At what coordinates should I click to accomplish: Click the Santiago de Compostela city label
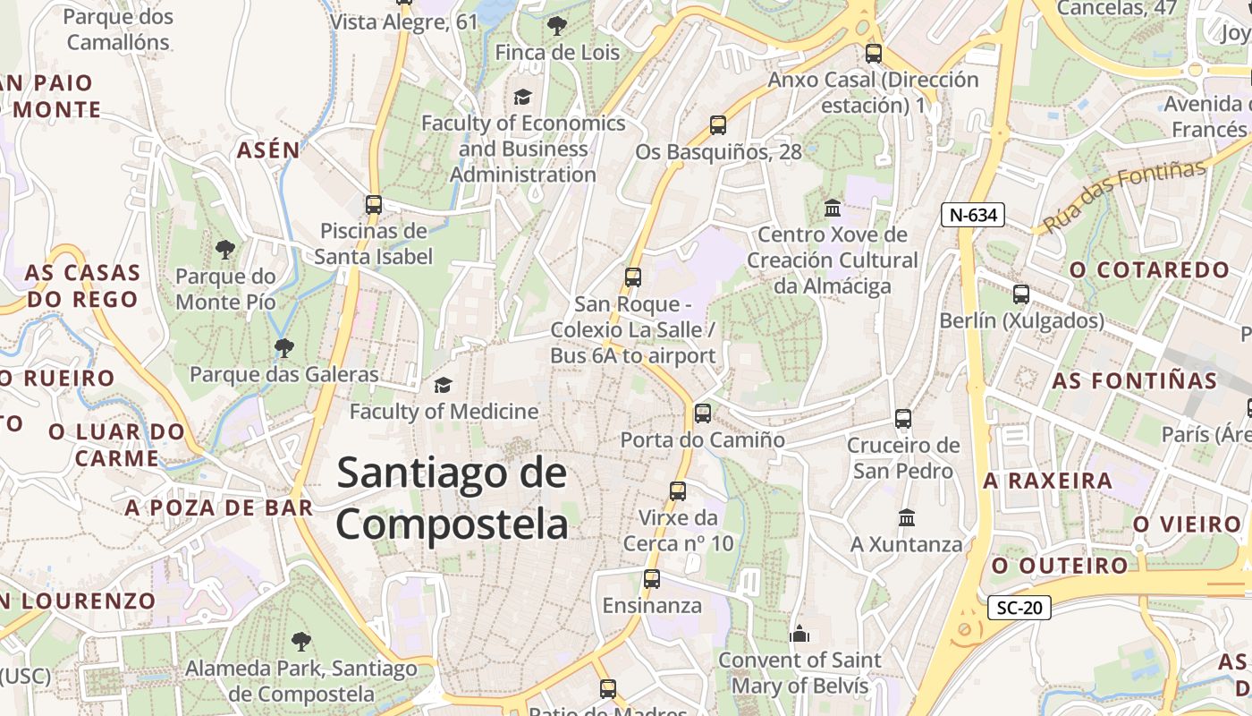point(452,498)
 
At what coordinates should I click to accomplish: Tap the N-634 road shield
point(973,215)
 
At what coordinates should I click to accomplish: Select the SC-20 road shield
point(1019,609)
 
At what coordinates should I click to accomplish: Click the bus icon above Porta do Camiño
point(703,413)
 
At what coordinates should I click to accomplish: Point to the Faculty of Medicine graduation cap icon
point(443,386)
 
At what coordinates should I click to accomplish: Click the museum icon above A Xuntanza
point(907,517)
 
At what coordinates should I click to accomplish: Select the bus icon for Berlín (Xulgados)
point(1020,294)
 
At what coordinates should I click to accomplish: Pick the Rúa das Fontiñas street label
point(1124,195)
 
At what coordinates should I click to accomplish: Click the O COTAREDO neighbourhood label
point(1149,269)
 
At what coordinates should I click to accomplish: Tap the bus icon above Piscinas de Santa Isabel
point(374,204)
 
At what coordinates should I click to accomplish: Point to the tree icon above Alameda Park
point(300,642)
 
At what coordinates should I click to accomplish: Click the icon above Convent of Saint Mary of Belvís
point(799,634)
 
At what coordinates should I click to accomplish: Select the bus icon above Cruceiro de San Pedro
point(903,418)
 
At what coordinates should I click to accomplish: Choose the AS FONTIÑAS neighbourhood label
point(1134,380)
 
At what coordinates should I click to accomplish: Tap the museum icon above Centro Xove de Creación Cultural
point(833,209)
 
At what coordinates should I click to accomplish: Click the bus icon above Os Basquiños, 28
point(718,125)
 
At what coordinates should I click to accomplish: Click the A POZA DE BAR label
point(219,508)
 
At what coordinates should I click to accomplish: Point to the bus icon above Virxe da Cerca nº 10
point(678,490)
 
